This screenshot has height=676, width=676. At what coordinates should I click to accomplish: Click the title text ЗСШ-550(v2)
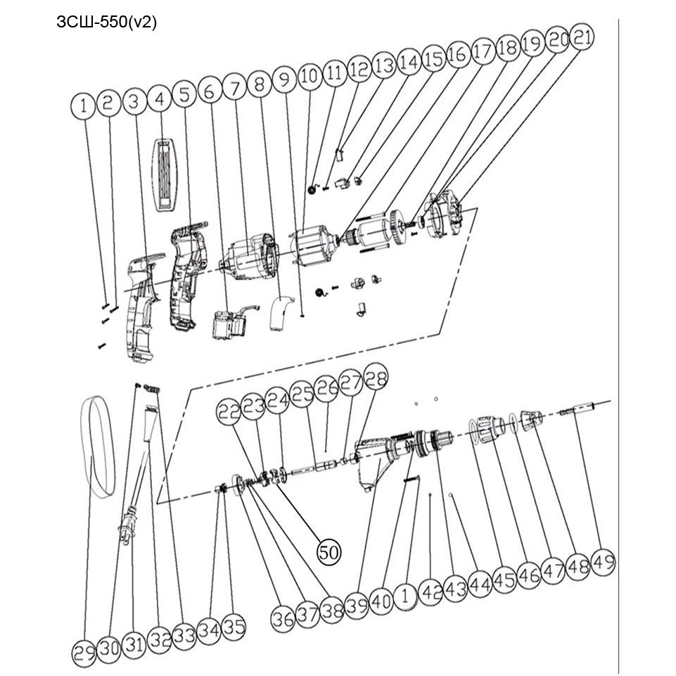coord(106,22)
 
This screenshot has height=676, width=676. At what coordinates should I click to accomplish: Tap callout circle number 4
coord(160,100)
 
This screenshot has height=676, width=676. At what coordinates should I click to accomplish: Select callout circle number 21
coord(582,37)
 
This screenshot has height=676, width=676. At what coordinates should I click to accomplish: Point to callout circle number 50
coord(329,551)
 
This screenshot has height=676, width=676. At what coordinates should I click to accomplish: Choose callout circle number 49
coord(603,562)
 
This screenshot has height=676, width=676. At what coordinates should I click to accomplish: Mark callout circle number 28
coord(376,376)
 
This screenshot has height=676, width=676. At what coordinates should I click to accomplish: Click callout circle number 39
coord(357,606)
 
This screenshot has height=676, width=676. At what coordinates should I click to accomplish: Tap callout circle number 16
coord(458,54)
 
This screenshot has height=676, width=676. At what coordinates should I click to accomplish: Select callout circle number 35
coord(234,627)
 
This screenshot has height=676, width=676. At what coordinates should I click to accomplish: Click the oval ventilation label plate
coord(165,175)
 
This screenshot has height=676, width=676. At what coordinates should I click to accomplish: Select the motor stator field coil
coord(312,248)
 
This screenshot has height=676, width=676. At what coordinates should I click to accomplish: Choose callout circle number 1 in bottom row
coord(404,597)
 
